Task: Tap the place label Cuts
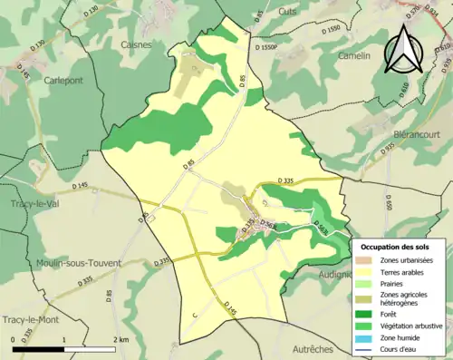287,12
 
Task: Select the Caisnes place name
137,43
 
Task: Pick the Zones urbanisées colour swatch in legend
367,261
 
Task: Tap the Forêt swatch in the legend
367,316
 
